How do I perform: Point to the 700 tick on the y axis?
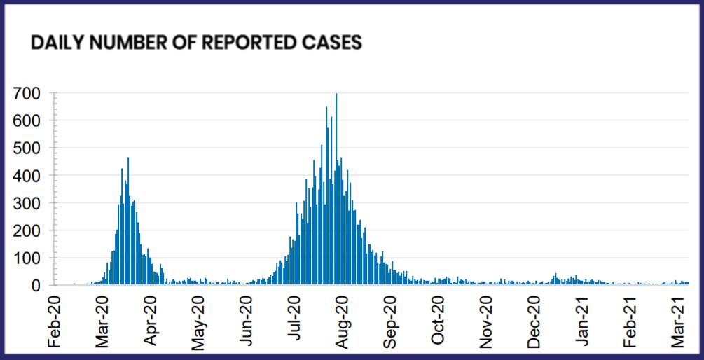pos(35,93)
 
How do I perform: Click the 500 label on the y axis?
pos(35,148)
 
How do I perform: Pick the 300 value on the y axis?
pos(35,203)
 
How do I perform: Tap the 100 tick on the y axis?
pos(35,258)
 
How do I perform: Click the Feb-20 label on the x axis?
pos(55,325)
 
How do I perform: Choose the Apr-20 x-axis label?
pos(151,325)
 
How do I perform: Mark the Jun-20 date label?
pos(247,325)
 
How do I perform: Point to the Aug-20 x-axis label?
pos(343,325)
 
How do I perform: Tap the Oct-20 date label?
pos(438,325)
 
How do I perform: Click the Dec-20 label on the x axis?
pos(534,325)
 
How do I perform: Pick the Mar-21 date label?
pos(677,325)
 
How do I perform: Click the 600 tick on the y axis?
pos(35,120)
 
